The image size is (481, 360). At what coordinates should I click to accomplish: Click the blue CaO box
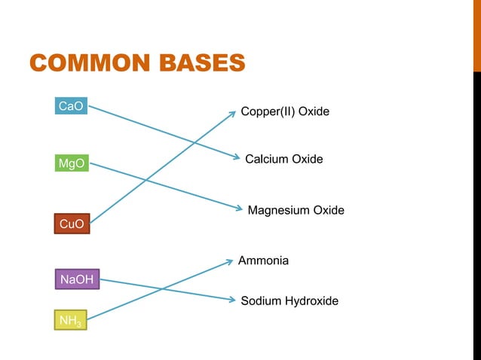pos(72,107)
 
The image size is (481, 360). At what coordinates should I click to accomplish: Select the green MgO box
pos(72,163)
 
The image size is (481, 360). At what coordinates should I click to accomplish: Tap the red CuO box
pos(72,223)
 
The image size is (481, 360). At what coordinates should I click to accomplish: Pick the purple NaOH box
pos(77,280)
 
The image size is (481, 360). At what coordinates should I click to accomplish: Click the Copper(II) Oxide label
pos(285,111)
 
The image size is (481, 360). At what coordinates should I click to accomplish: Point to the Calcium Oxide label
pos(284,159)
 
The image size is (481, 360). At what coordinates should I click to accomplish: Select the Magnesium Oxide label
pos(296,210)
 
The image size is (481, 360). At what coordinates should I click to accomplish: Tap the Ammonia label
pos(263,261)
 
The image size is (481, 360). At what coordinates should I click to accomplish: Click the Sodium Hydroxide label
pos(290,301)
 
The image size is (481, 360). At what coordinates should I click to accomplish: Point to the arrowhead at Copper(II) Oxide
pos(232,113)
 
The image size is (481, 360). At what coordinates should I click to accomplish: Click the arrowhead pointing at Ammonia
pos(230,262)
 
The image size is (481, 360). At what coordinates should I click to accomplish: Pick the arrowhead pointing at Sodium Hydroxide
pos(232,300)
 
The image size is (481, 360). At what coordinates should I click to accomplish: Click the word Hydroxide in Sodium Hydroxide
pos(311,301)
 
